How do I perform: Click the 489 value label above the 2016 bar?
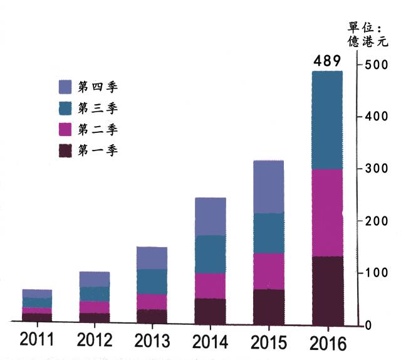[327, 61]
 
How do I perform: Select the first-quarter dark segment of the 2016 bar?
[327, 291]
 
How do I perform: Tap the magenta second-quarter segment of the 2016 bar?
[327, 213]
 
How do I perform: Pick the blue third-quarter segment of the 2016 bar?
[327, 120]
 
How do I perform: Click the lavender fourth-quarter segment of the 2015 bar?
[268, 187]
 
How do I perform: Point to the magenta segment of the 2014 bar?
[210, 285]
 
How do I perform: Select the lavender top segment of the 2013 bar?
[152, 258]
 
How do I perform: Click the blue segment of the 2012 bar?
[94, 294]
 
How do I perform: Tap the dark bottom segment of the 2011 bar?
[37, 317]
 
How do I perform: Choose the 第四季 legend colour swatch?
[66, 87]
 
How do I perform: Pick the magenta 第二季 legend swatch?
[66, 129]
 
